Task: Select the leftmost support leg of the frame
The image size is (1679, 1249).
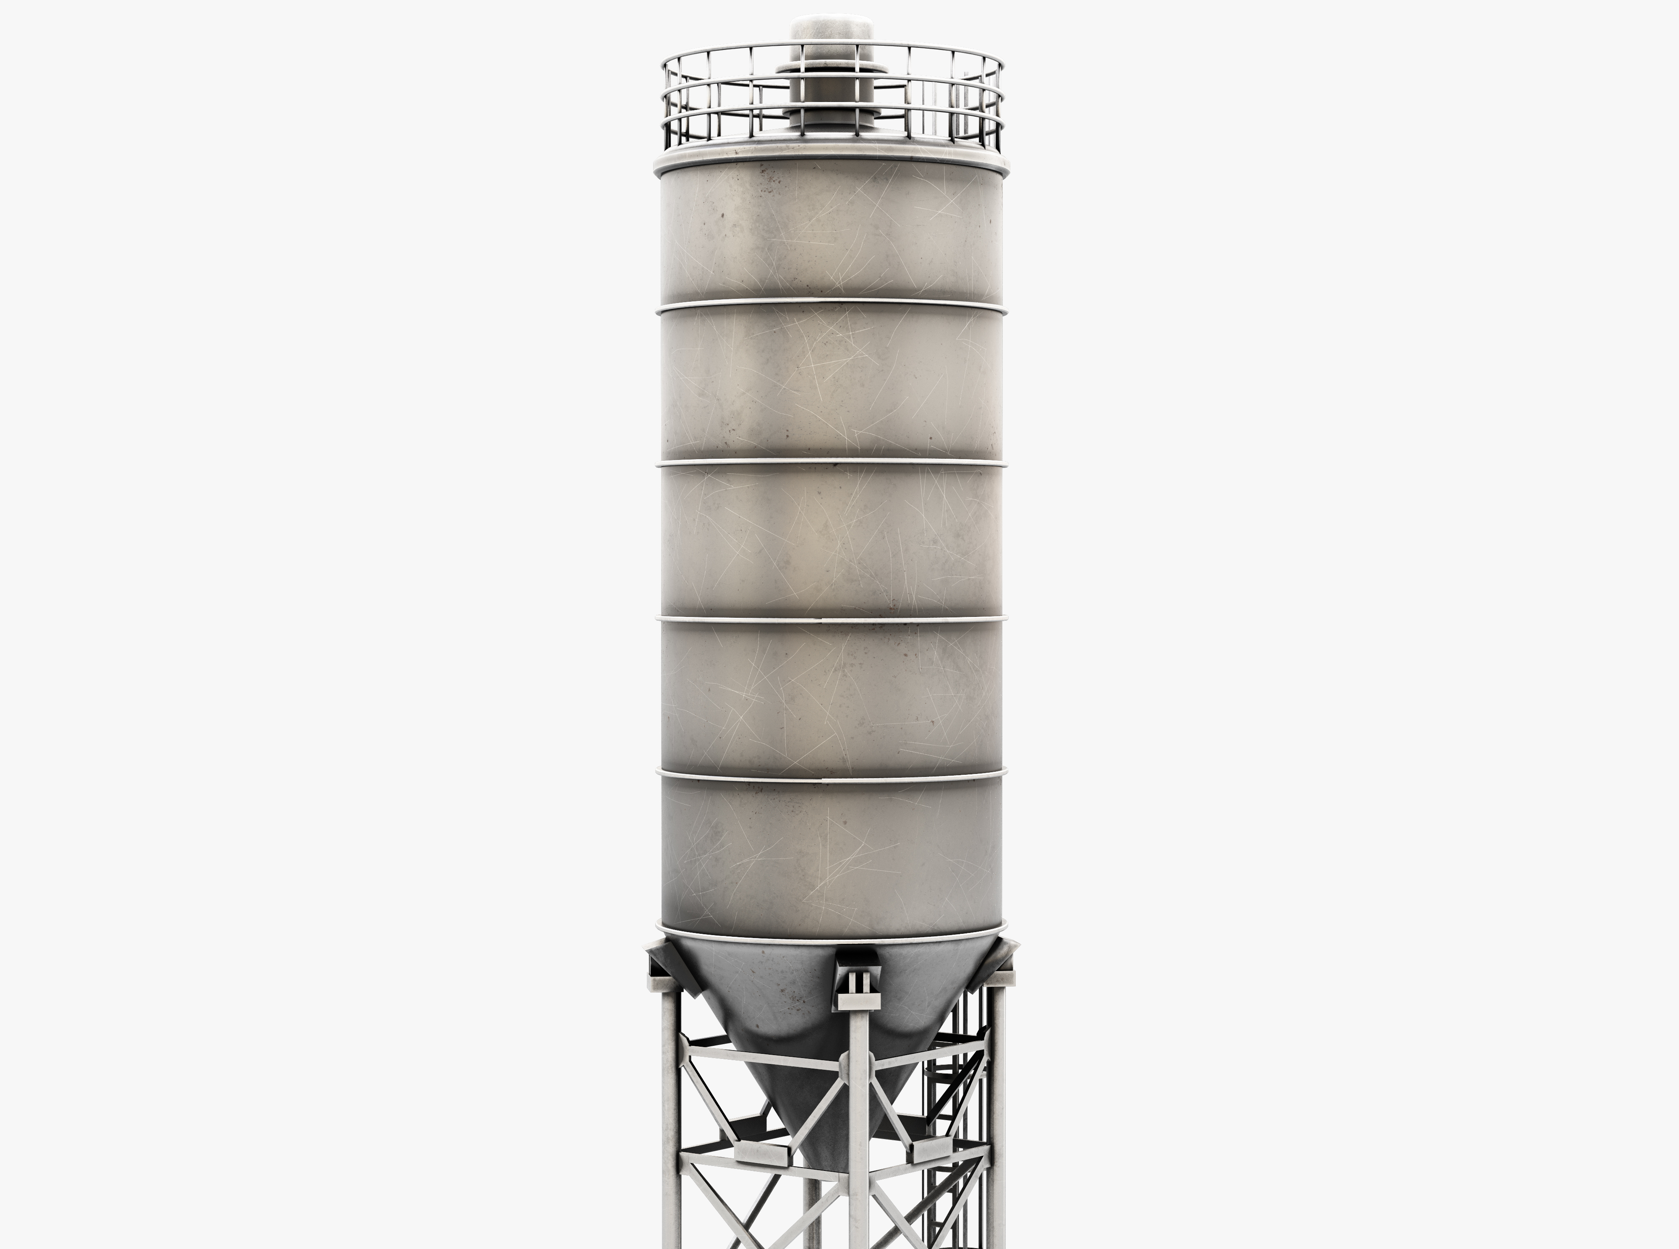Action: [670, 1119]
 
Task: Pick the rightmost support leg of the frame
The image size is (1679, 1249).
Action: [998, 1119]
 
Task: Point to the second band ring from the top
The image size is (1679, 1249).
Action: [832, 462]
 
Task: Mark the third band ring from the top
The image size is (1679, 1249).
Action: [832, 620]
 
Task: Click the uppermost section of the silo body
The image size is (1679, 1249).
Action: [832, 234]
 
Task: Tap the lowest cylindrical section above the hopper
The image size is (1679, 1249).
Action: [832, 854]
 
